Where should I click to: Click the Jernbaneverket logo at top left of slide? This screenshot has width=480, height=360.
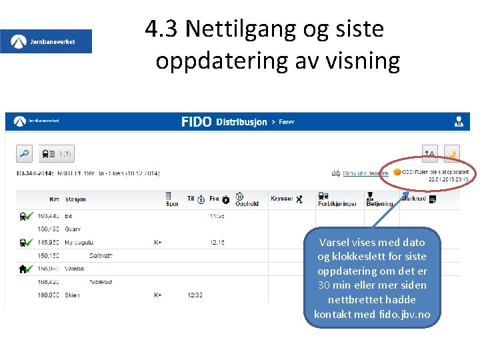(46, 41)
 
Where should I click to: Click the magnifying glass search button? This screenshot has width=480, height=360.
(24, 154)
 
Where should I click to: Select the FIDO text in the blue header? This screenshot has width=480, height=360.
(196, 122)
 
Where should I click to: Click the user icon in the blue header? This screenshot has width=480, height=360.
(459, 122)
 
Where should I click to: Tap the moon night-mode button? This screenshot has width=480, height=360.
(451, 154)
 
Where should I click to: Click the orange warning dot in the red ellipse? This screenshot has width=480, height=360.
(397, 172)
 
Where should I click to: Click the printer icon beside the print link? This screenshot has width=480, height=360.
(336, 173)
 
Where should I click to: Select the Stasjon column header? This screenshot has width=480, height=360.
(75, 199)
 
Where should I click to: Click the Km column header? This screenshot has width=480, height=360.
(54, 199)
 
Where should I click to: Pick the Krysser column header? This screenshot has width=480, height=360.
(282, 199)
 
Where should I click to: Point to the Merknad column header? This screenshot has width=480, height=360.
(413, 199)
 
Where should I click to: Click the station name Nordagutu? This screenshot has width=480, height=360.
(79, 242)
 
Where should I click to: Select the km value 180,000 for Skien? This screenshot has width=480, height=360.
(48, 295)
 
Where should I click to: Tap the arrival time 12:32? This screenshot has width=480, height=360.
(195, 295)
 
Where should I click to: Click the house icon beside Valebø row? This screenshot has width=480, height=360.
(23, 269)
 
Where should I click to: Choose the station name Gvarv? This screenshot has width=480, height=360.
(73, 229)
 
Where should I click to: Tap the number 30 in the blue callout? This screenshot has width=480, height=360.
(325, 285)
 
